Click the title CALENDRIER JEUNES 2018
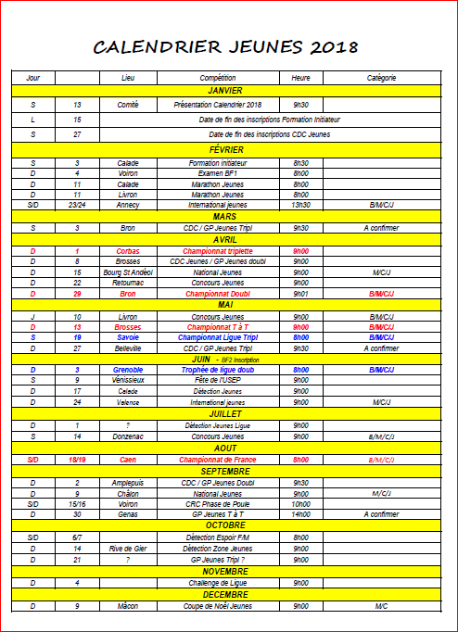[x=227, y=47]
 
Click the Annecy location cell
[x=128, y=205]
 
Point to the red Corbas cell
[x=128, y=251]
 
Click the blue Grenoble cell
[x=128, y=369]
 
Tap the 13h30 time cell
[x=301, y=205]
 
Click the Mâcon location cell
[x=128, y=606]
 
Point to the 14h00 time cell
[x=301, y=513]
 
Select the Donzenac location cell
[x=128, y=436]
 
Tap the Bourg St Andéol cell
[x=128, y=272]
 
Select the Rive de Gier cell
[x=128, y=549]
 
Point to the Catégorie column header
[x=381, y=78]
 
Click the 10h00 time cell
[x=301, y=503]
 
